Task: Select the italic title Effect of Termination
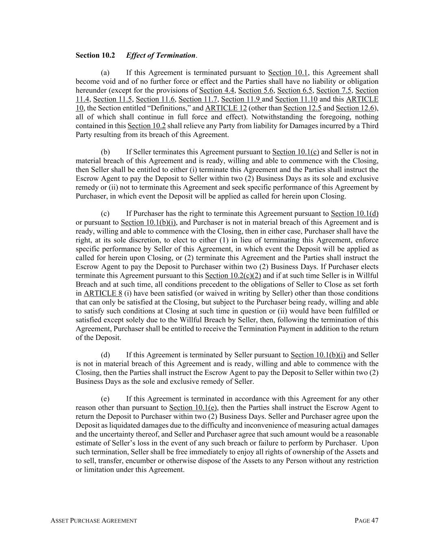161,55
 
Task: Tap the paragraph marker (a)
105,73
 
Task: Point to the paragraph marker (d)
105,355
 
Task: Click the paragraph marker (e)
105,399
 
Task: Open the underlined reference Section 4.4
217,90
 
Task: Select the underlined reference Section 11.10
296,99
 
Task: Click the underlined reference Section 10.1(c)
296,152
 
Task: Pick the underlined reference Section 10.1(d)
355,213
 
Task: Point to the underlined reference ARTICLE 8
103,294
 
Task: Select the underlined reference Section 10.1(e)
193,408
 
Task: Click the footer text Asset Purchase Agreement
94,521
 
